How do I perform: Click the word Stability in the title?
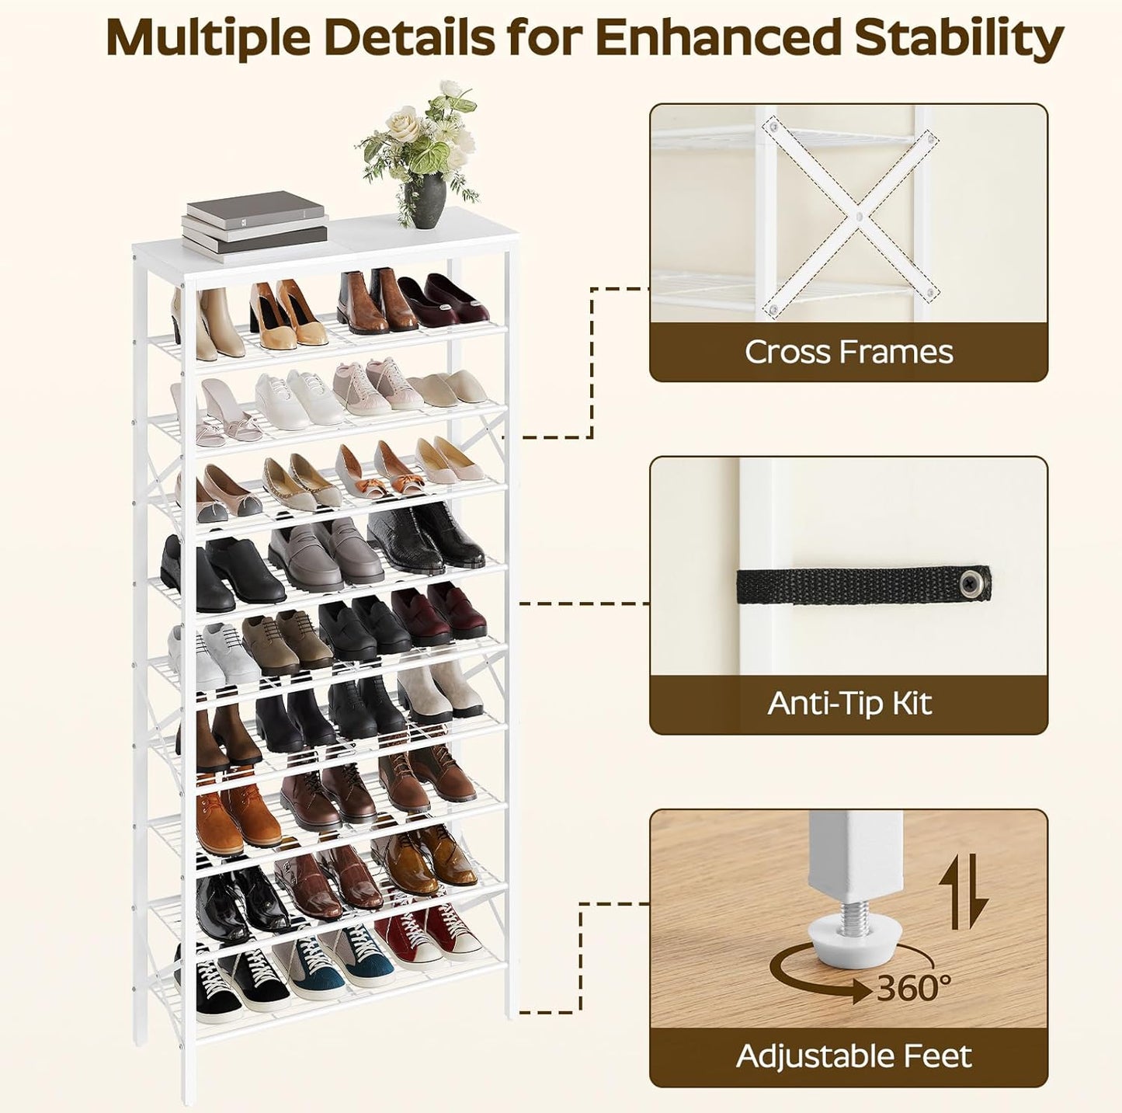(959, 37)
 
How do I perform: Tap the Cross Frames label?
(849, 352)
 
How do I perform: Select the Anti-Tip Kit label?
(849, 704)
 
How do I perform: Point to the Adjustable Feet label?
(853, 1056)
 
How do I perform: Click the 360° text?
(914, 988)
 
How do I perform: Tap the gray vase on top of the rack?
(425, 200)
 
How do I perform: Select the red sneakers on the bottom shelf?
(423, 937)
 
